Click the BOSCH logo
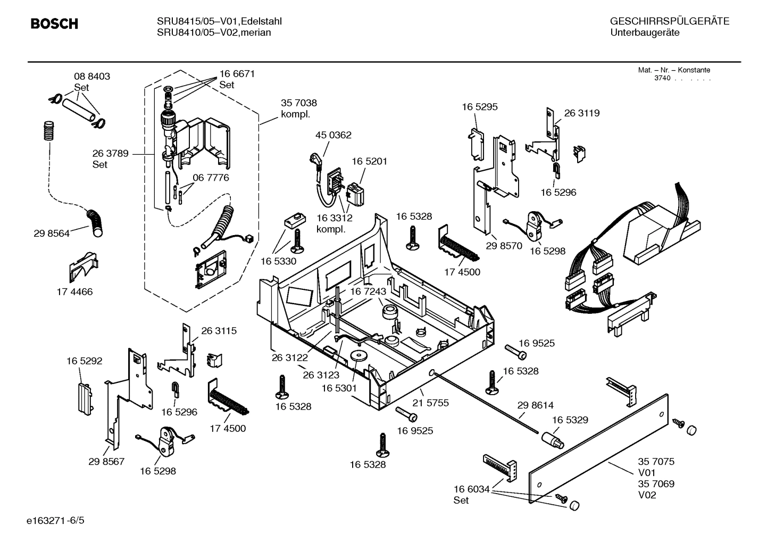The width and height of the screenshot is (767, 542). pyautogui.click(x=54, y=23)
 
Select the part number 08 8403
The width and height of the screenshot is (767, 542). pyautogui.click(x=91, y=76)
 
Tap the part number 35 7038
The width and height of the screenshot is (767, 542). pyautogui.click(x=298, y=103)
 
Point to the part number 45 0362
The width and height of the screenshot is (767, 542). pyautogui.click(x=333, y=135)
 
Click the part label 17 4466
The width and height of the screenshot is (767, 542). pyautogui.click(x=74, y=291)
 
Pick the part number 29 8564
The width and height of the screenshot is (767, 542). pyautogui.click(x=51, y=233)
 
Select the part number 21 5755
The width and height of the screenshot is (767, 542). pyautogui.click(x=431, y=403)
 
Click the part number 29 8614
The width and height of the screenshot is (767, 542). pyautogui.click(x=535, y=405)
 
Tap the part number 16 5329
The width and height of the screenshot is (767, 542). pyautogui.click(x=570, y=420)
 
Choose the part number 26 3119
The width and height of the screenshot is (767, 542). pyautogui.click(x=581, y=113)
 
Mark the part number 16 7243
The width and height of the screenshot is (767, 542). pyautogui.click(x=368, y=291)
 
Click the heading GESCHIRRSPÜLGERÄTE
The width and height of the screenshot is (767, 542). pyautogui.click(x=669, y=21)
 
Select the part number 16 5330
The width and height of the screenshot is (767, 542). pyautogui.click(x=278, y=261)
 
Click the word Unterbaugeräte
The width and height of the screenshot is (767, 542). pyautogui.click(x=645, y=32)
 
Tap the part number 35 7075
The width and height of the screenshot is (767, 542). pyautogui.click(x=656, y=462)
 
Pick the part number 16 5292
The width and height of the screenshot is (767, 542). pyautogui.click(x=84, y=361)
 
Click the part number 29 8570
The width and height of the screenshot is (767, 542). pyautogui.click(x=504, y=246)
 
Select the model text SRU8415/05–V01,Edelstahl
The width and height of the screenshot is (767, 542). pyautogui.click(x=219, y=21)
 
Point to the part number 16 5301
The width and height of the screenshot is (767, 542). pyautogui.click(x=339, y=388)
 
